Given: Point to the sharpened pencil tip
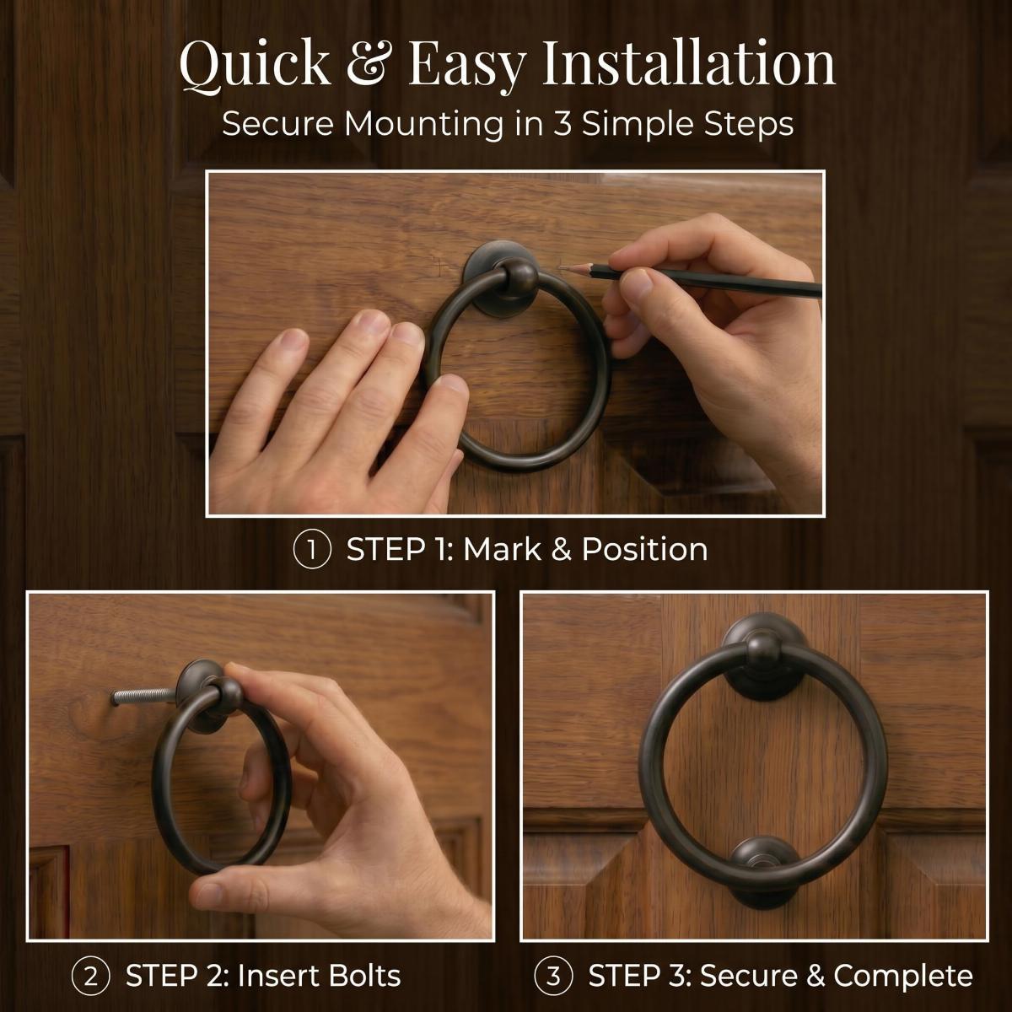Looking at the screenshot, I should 560,268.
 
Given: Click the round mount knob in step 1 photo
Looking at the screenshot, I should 515,277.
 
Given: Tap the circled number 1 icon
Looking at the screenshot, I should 311,550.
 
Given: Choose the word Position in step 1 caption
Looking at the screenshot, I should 645,550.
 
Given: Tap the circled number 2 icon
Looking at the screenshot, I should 90,977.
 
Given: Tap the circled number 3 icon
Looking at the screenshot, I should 553,977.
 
